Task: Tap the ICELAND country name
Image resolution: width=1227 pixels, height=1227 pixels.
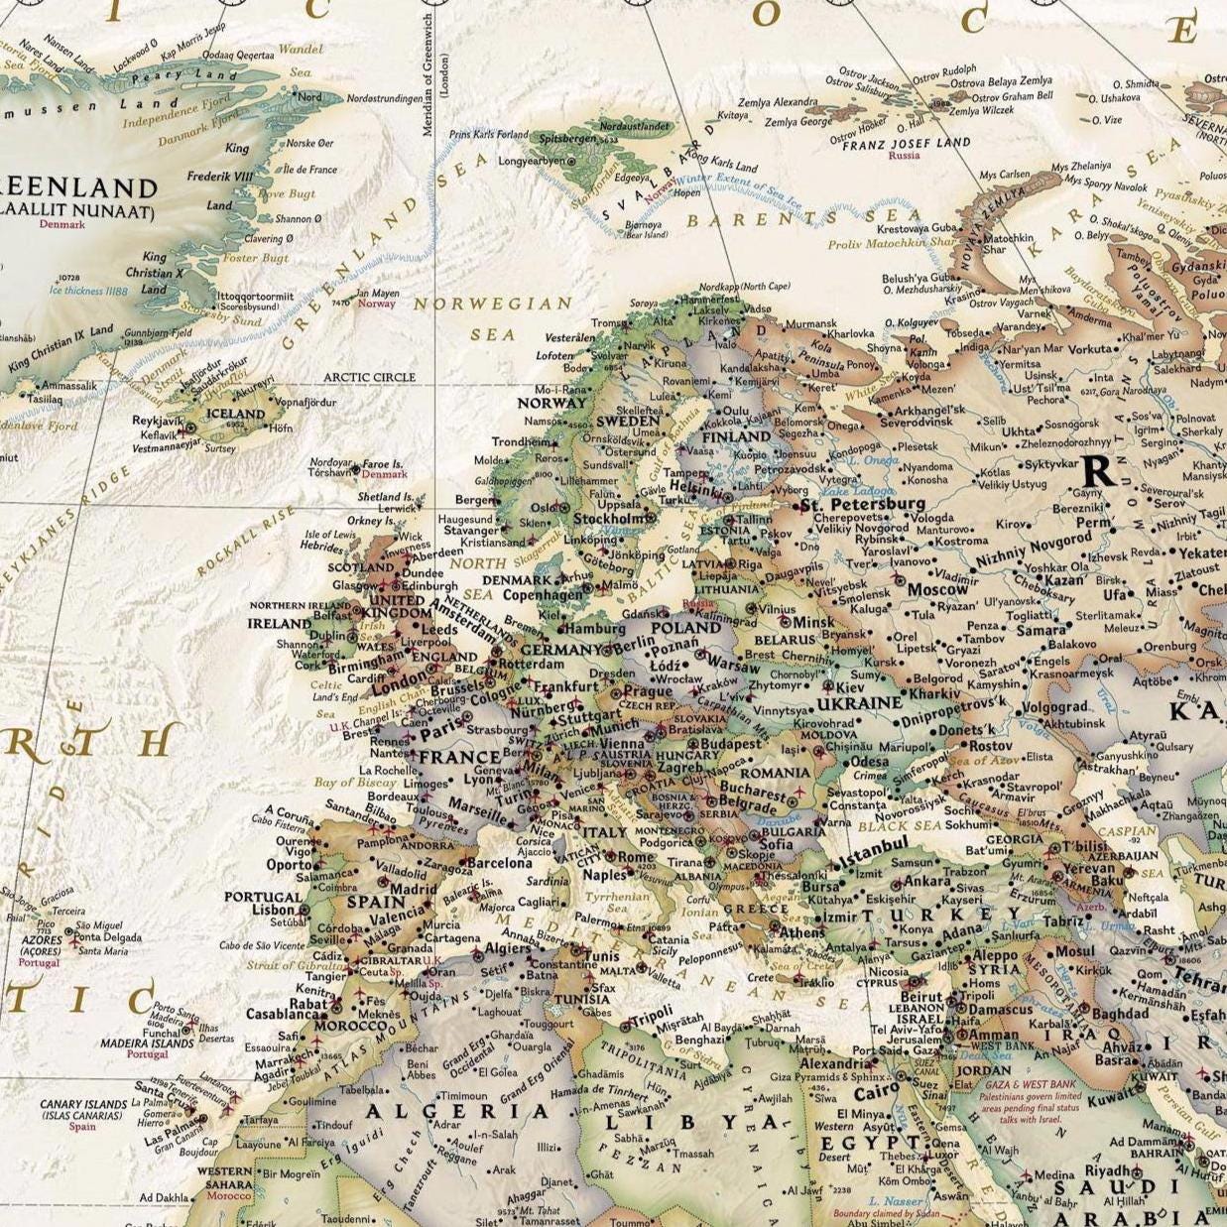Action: pyautogui.click(x=235, y=414)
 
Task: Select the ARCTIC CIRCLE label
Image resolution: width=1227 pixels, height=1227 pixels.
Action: pyautogui.click(x=369, y=378)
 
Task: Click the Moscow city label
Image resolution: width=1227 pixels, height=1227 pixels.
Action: pyautogui.click(x=937, y=589)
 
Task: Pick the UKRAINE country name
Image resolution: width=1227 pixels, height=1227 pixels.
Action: pyautogui.click(x=858, y=703)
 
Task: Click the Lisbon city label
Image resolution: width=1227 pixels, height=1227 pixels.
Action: pyautogui.click(x=273, y=910)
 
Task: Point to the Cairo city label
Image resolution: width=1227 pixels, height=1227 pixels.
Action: pyautogui.click(x=875, y=1093)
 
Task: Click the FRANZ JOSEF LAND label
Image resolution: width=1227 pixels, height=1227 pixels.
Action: pyautogui.click(x=906, y=143)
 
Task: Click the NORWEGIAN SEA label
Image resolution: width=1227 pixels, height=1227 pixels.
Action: pyautogui.click(x=493, y=318)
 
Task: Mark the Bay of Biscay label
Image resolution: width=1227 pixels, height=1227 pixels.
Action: pyautogui.click(x=355, y=783)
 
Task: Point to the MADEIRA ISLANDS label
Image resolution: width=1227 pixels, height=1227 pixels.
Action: pyautogui.click(x=146, y=1043)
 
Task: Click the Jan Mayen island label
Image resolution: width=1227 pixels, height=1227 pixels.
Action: pyautogui.click(x=376, y=294)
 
